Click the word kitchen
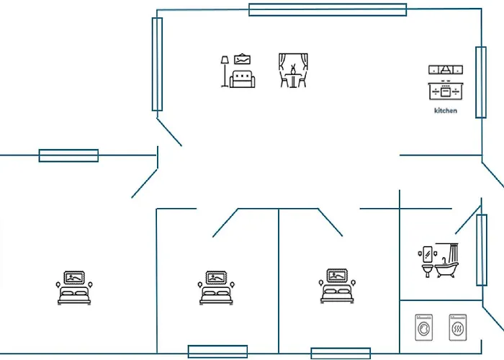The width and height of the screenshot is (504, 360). click(x=446, y=111)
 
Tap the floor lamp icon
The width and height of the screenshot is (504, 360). click(x=225, y=71)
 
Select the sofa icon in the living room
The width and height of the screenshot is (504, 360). click(x=243, y=78)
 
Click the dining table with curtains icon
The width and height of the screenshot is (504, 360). click(x=293, y=71)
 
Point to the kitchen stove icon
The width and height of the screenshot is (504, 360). click(x=446, y=83)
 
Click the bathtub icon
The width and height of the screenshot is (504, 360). click(x=447, y=261)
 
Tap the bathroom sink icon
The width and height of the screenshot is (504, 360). click(x=426, y=262)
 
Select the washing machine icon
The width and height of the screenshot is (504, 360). click(x=423, y=328)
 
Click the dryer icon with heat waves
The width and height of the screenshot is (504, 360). click(x=458, y=328)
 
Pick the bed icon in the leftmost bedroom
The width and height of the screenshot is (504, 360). click(x=74, y=288)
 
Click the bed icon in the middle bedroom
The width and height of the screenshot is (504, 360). click(x=216, y=288)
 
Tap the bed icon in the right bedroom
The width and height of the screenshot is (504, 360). click(x=337, y=286)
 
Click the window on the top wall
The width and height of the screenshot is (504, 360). click(x=328, y=9)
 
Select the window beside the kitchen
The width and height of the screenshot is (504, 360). click(x=481, y=82)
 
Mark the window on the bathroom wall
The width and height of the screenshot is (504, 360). click(x=482, y=250)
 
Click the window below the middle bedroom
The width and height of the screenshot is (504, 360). click(x=217, y=351)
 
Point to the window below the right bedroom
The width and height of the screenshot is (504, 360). click(x=341, y=354)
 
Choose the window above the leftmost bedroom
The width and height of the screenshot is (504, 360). click(x=68, y=156)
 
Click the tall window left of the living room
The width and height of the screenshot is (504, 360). click(x=157, y=64)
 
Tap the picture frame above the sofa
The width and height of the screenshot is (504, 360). click(x=243, y=60)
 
